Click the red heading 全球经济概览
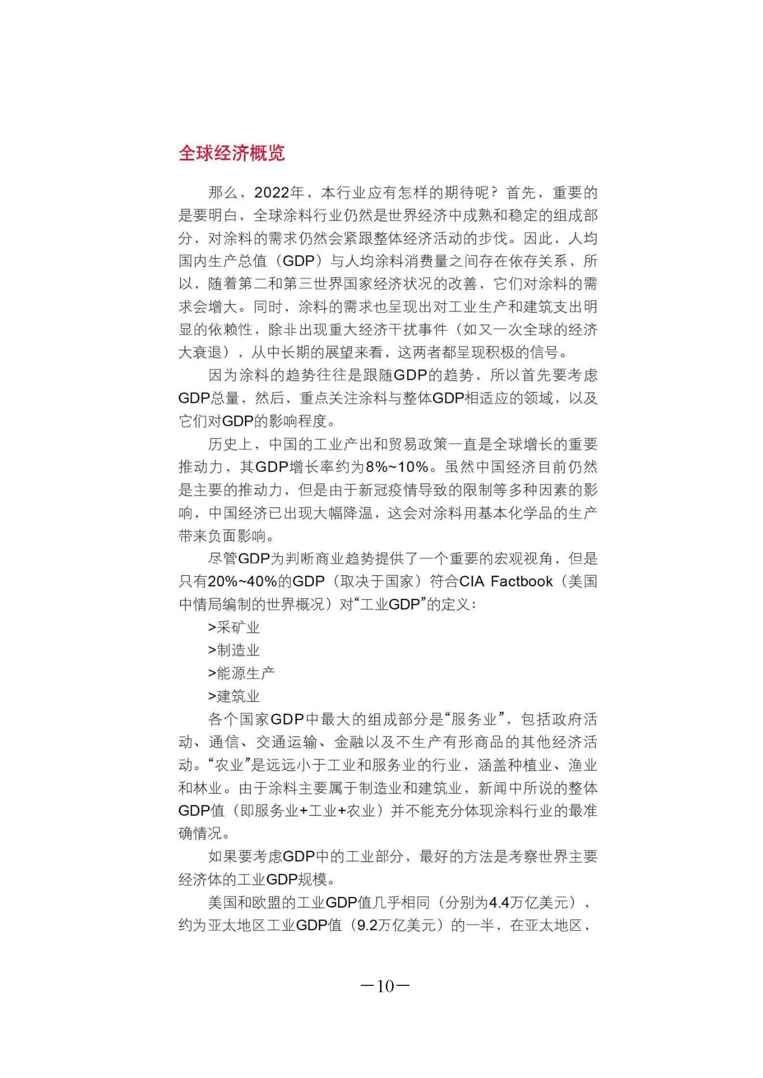click(231, 153)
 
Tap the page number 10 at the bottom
click(385, 986)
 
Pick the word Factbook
click(521, 582)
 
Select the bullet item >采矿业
click(234, 627)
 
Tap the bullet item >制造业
click(234, 650)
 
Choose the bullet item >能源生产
click(242, 673)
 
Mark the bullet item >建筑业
click(234, 696)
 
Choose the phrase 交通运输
click(286, 742)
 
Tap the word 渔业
click(583, 765)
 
